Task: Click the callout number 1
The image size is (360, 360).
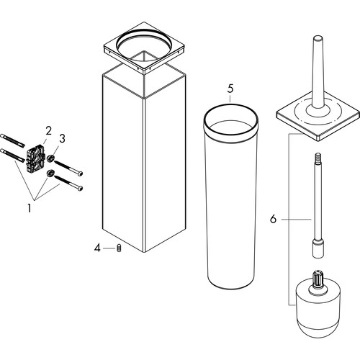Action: (30, 208)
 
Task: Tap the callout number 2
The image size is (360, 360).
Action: (48, 131)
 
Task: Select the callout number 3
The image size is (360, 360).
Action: (62, 138)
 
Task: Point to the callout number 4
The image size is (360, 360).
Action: (97, 248)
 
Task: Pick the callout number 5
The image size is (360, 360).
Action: (230, 89)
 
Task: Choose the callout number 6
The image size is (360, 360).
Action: (273, 219)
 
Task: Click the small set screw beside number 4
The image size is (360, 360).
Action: (119, 248)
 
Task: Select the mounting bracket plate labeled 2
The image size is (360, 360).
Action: (36, 158)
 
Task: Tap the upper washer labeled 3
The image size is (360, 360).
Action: (50, 158)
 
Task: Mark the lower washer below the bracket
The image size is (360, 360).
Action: (50, 173)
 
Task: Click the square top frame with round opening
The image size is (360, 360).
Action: (144, 48)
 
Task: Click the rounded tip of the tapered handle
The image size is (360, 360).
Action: (318, 37)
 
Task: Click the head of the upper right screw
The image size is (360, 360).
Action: (81, 173)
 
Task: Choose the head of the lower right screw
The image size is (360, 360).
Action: (81, 188)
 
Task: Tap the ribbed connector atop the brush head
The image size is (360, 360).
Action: (318, 279)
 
